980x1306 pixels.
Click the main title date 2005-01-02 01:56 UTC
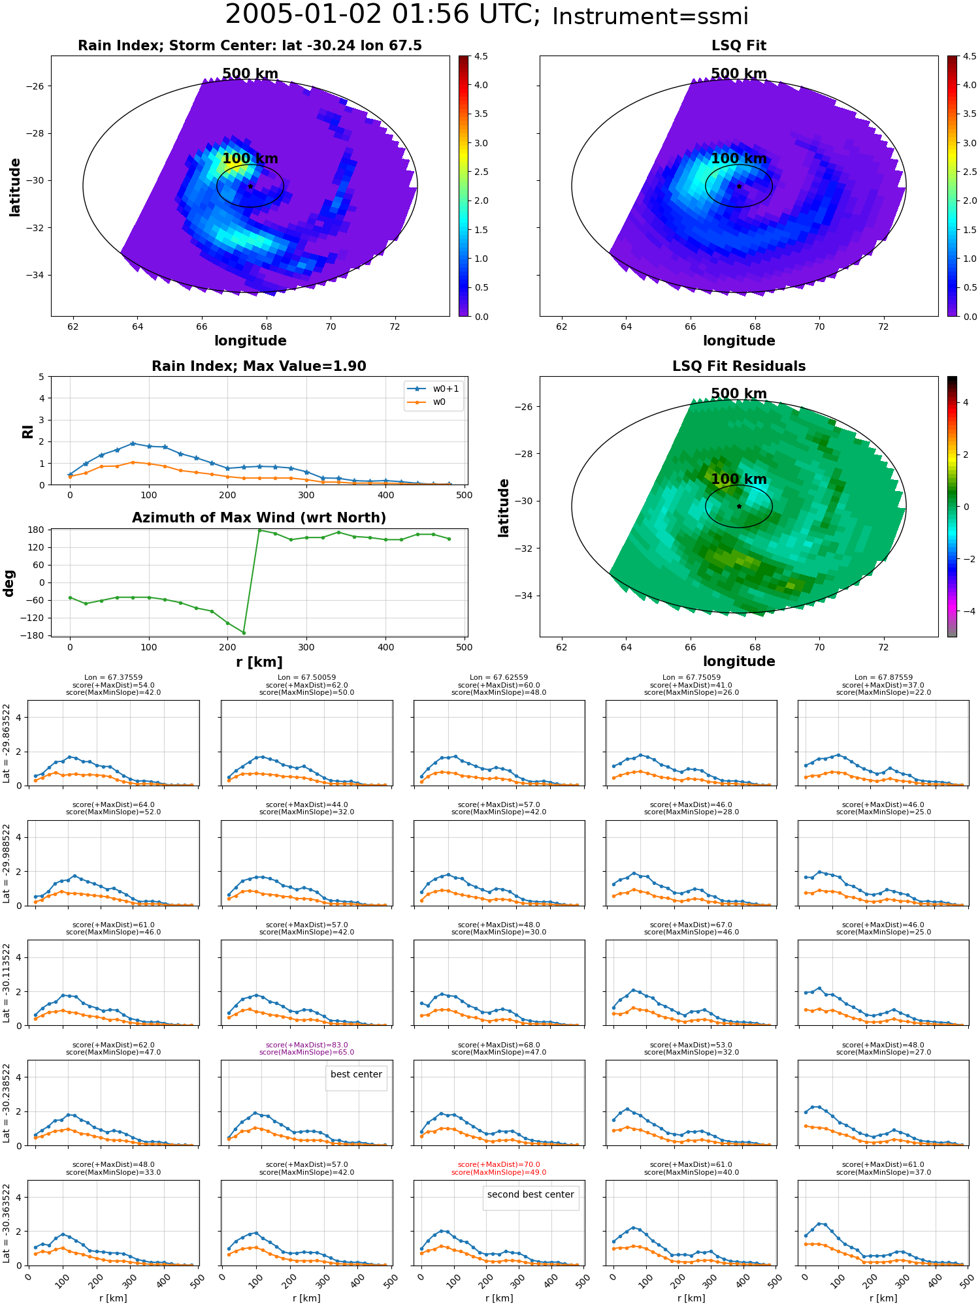click(382, 15)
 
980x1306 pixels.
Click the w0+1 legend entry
click(446, 389)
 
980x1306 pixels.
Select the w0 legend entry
click(439, 402)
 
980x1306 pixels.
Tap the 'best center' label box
click(356, 1074)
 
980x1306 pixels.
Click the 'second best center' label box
click(531, 1194)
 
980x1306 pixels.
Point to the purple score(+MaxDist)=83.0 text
click(306, 1045)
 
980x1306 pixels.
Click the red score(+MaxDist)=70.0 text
click(498, 1164)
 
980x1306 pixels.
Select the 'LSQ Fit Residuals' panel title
click(738, 366)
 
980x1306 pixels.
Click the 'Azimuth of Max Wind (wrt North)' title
click(259, 518)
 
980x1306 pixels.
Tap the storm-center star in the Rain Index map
click(250, 186)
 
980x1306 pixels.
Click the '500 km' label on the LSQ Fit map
click(738, 74)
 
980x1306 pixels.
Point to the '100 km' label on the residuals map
click(738, 479)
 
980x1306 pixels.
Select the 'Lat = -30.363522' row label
click(7, 1222)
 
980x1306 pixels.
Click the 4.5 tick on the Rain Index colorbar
click(481, 56)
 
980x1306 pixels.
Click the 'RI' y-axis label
click(27, 431)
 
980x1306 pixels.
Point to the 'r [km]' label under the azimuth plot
click(259, 662)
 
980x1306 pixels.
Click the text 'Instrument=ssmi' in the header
click(649, 16)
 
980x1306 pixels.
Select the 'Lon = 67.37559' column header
click(113, 677)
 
